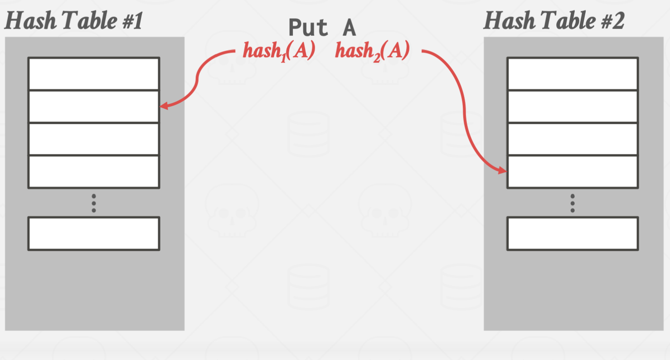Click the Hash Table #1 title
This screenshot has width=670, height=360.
[x=73, y=21]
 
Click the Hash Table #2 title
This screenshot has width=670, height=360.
[x=553, y=21]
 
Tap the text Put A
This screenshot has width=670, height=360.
[x=322, y=28]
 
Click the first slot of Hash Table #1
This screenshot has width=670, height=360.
[x=93, y=74]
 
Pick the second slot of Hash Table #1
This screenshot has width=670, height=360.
[x=93, y=107]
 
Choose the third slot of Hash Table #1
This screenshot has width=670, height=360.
[x=93, y=139]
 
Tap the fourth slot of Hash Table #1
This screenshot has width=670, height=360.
[x=93, y=172]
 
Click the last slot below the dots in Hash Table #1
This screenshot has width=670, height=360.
[x=93, y=234]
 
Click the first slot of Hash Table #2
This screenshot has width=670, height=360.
[x=573, y=74]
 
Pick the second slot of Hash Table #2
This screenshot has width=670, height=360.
[x=573, y=107]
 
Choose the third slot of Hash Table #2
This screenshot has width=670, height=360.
[x=573, y=139]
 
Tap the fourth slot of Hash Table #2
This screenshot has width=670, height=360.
[x=573, y=172]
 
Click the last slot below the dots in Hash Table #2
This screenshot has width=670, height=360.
[x=573, y=234]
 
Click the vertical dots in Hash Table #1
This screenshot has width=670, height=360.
[x=94, y=203]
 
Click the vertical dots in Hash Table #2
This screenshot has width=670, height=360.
[x=573, y=203]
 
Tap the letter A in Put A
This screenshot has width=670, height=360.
[x=349, y=28]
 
